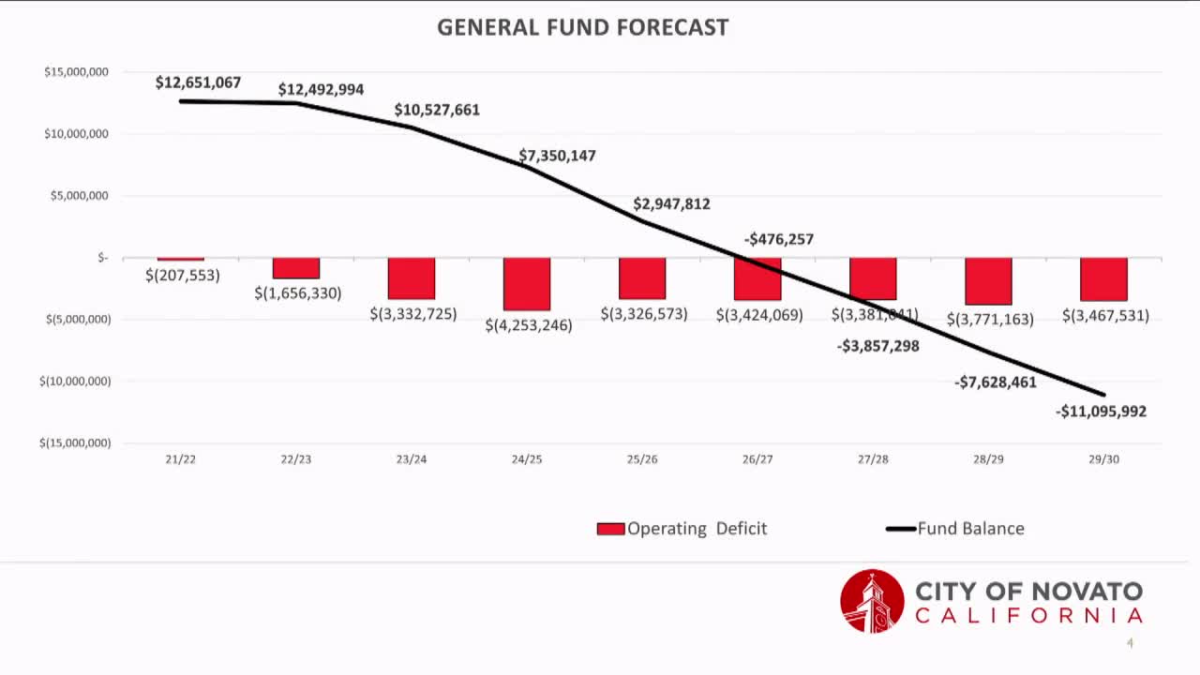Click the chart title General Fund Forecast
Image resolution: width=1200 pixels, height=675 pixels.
pos(582,27)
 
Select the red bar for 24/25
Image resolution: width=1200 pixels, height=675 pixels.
pos(527,284)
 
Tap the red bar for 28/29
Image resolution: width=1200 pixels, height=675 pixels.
pos(988,281)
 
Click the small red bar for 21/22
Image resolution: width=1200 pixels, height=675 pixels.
pos(181,259)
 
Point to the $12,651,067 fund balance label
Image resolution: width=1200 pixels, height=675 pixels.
pos(198,82)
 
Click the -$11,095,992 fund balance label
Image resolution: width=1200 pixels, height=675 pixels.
pos(1101,412)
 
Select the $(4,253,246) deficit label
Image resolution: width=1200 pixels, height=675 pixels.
pos(529,325)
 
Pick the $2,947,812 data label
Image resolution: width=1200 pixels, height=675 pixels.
pos(671,203)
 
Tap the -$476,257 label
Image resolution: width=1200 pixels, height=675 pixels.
pos(778,239)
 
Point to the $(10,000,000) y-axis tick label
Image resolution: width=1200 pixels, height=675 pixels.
pos(75,381)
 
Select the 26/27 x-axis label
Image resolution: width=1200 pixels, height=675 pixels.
pos(757,459)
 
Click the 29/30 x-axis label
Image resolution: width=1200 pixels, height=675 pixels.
pos(1103,459)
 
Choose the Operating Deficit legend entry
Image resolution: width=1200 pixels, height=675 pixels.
pos(682,529)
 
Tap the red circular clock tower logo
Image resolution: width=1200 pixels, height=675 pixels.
pos(872,601)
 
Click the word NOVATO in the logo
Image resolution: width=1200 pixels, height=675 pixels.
pos(1087,592)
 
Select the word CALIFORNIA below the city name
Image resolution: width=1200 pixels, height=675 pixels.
pos(1028,616)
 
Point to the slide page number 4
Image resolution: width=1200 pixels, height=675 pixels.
pos(1130,643)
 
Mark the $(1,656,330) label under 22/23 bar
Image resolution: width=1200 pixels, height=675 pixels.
pos(298,292)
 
